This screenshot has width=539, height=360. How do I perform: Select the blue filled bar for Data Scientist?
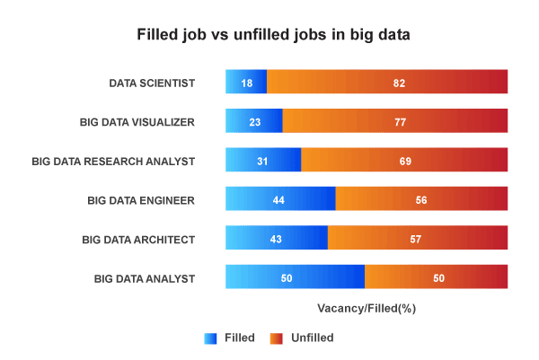pos(246,83)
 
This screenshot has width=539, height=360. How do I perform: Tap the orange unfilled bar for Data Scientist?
pos(387,83)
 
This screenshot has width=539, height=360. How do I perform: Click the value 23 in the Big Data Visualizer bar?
pos(254,121)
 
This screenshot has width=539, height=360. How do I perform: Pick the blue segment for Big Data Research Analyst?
pos(263,161)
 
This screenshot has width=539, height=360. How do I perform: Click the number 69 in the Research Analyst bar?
pos(406,161)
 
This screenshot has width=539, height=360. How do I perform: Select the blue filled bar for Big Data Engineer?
pos(280,199)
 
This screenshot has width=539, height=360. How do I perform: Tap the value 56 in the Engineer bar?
pos(421,199)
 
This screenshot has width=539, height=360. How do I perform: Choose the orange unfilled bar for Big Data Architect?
pos(418,239)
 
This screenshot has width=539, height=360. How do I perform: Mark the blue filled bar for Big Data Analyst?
pos(295,277)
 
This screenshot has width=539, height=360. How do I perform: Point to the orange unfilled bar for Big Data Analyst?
pos(436,277)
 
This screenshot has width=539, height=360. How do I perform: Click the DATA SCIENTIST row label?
pos(152,83)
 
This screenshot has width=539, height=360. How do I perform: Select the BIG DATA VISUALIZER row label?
pos(137,121)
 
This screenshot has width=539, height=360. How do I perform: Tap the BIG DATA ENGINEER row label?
pos(141,199)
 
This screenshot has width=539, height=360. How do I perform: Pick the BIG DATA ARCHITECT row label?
pos(138,239)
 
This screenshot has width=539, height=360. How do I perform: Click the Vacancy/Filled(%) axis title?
pos(367,307)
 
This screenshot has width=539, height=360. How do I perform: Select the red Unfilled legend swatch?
pos(277,338)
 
